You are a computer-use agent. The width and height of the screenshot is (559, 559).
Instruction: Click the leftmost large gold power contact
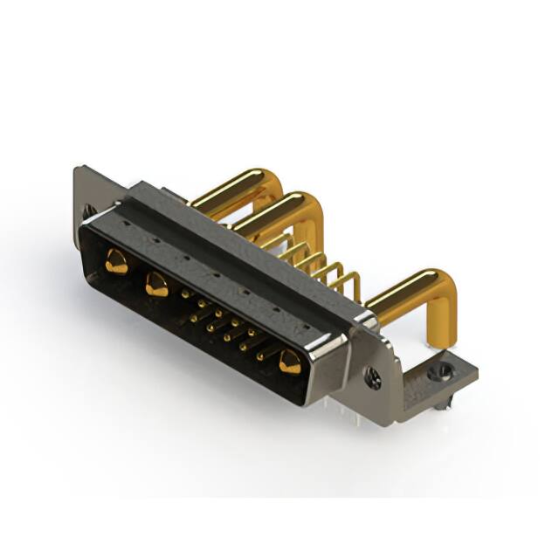115,260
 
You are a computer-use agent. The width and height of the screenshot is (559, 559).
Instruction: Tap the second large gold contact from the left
157,284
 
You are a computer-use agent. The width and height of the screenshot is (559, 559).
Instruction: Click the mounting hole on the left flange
88,211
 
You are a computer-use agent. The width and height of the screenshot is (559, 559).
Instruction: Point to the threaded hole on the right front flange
374,379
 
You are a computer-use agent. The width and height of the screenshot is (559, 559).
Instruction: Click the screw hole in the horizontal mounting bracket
444,371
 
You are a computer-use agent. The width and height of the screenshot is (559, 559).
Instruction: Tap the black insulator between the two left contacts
136,273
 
